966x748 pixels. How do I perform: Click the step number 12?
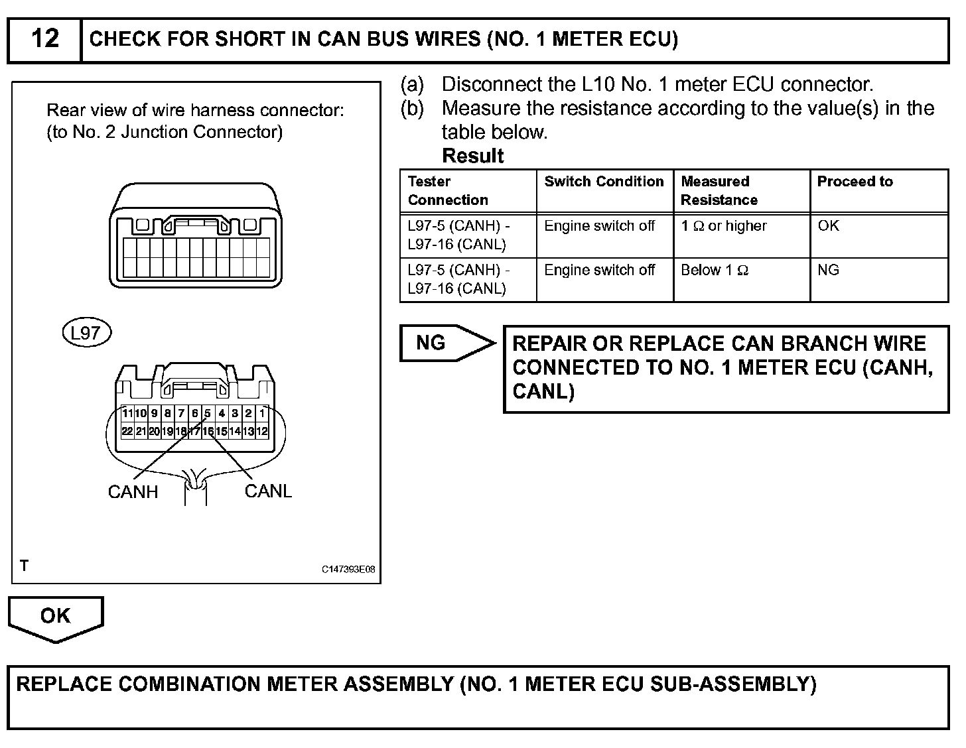pos(44,38)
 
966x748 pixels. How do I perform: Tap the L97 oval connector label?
pos(86,333)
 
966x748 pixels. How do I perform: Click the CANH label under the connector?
pos(133,492)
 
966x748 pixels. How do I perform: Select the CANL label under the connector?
pos(268,491)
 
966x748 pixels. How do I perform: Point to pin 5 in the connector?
pos(208,413)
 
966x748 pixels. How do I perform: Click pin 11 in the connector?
pos(127,413)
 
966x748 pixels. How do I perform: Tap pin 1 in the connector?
pos(262,413)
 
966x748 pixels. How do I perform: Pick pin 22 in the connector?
pos(127,431)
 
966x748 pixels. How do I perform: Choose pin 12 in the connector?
pos(262,431)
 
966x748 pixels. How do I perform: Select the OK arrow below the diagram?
pos(56,617)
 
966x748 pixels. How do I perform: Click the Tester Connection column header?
pos(448,190)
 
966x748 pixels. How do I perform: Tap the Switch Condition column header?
pos(604,182)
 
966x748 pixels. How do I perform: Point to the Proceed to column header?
pos(855,182)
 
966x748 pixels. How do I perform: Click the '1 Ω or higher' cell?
pos(724,226)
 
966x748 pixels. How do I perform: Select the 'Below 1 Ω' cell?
pos(715,271)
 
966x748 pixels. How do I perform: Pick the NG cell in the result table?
pos(828,271)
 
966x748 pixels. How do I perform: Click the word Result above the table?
pos(473,156)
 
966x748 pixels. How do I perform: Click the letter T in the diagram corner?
pos(25,566)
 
